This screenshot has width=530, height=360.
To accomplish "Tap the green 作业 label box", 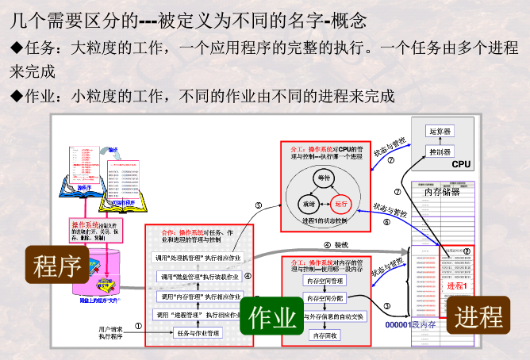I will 272,317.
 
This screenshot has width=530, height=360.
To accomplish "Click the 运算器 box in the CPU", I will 439,131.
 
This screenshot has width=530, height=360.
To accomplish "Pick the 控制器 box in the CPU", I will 439,151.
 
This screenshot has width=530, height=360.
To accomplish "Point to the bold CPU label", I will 462,165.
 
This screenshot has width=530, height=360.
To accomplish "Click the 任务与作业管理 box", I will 198,333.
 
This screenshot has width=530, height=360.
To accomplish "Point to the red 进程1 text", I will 457,285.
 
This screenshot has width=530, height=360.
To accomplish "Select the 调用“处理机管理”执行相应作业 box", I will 198,258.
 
